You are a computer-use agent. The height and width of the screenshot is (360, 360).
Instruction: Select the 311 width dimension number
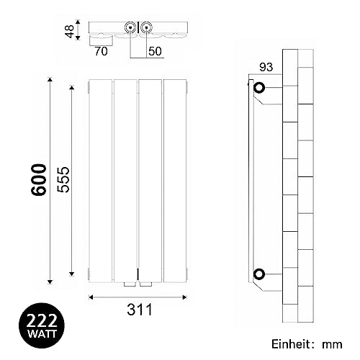point(138,312)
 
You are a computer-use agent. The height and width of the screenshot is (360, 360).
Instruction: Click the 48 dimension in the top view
point(70,32)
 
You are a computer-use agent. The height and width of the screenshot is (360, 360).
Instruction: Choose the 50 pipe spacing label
point(156,52)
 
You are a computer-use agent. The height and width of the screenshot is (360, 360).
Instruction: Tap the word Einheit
point(294,344)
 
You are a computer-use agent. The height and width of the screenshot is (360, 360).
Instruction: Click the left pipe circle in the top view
point(130,28)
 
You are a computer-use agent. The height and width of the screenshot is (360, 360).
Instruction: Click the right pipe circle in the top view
point(147,28)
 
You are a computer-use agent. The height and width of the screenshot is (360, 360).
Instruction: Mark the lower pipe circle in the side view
point(259,273)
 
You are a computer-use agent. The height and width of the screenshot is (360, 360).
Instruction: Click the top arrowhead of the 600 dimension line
point(50,76)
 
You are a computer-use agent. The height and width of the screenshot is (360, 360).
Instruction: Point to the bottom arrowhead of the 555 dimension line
point(72,275)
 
